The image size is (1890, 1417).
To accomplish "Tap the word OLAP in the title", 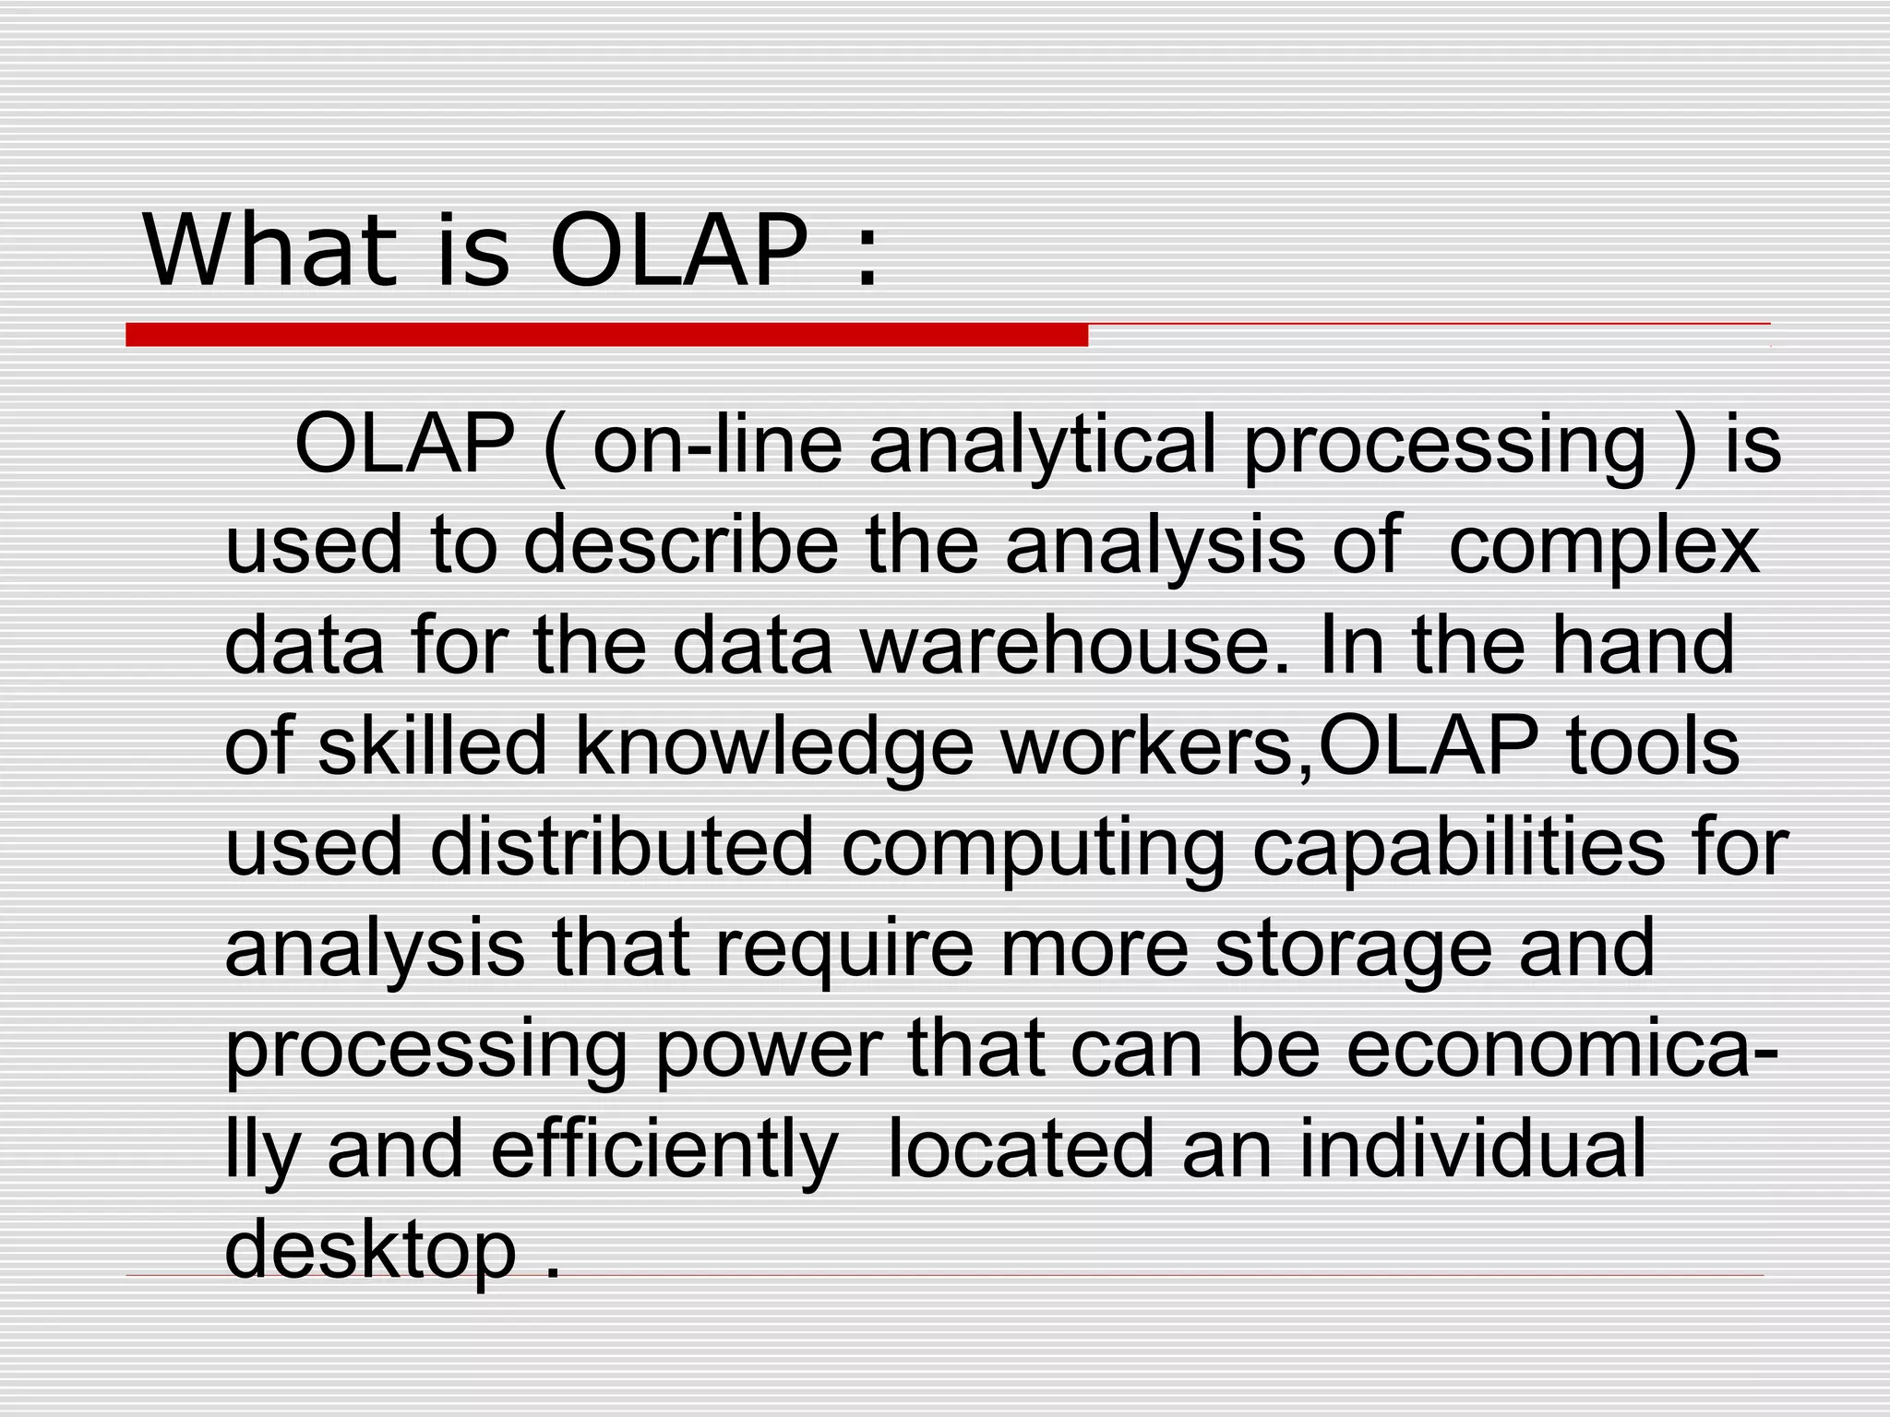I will pyautogui.click(x=678, y=251).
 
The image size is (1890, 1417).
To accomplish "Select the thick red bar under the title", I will pyautogui.click(x=606, y=335).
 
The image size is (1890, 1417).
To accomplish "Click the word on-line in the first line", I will pyautogui.click(x=717, y=446).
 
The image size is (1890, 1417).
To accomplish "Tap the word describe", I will pyautogui.click(x=682, y=546).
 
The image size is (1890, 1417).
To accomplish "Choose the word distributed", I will pyautogui.click(x=622, y=847).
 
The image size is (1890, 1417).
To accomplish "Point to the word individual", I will pyautogui.click(x=1473, y=1149).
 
